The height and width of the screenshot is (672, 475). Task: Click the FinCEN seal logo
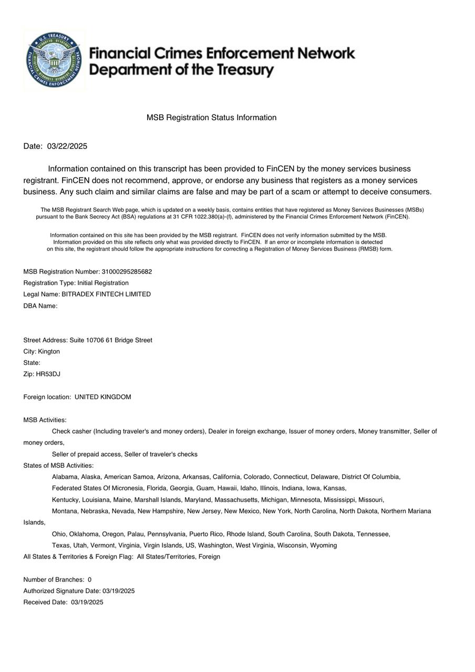point(54,60)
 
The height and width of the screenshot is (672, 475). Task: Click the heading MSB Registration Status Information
point(211,118)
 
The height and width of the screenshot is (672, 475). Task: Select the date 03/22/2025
point(67,146)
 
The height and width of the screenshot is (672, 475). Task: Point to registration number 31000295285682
point(127,272)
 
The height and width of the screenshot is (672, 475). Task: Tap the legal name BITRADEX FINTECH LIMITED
point(106,295)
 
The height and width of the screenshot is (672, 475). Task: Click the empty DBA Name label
point(40,306)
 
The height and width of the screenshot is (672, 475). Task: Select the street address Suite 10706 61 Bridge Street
point(111,340)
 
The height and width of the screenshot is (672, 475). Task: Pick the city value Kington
point(49,352)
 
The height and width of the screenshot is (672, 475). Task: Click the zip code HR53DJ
point(48,374)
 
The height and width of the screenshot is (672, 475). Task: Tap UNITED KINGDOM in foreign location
point(103,397)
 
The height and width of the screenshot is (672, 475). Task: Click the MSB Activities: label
point(45,421)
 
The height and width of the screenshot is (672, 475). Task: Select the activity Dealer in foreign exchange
point(247,432)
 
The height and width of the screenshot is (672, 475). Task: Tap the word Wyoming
point(324,545)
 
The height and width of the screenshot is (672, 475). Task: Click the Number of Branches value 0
point(90,580)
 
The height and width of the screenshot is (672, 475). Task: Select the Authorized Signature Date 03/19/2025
point(118,591)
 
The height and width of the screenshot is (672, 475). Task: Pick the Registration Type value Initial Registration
point(103,283)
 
